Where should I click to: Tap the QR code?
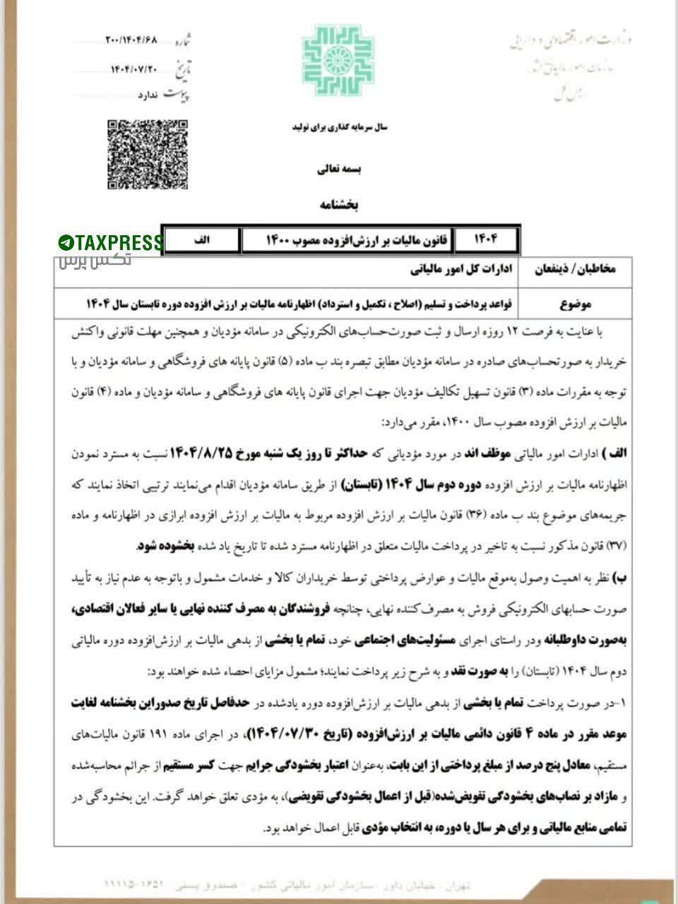[148, 154]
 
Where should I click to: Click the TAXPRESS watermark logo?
[110, 243]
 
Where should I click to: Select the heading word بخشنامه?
[340, 205]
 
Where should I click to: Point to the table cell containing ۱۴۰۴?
[486, 240]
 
